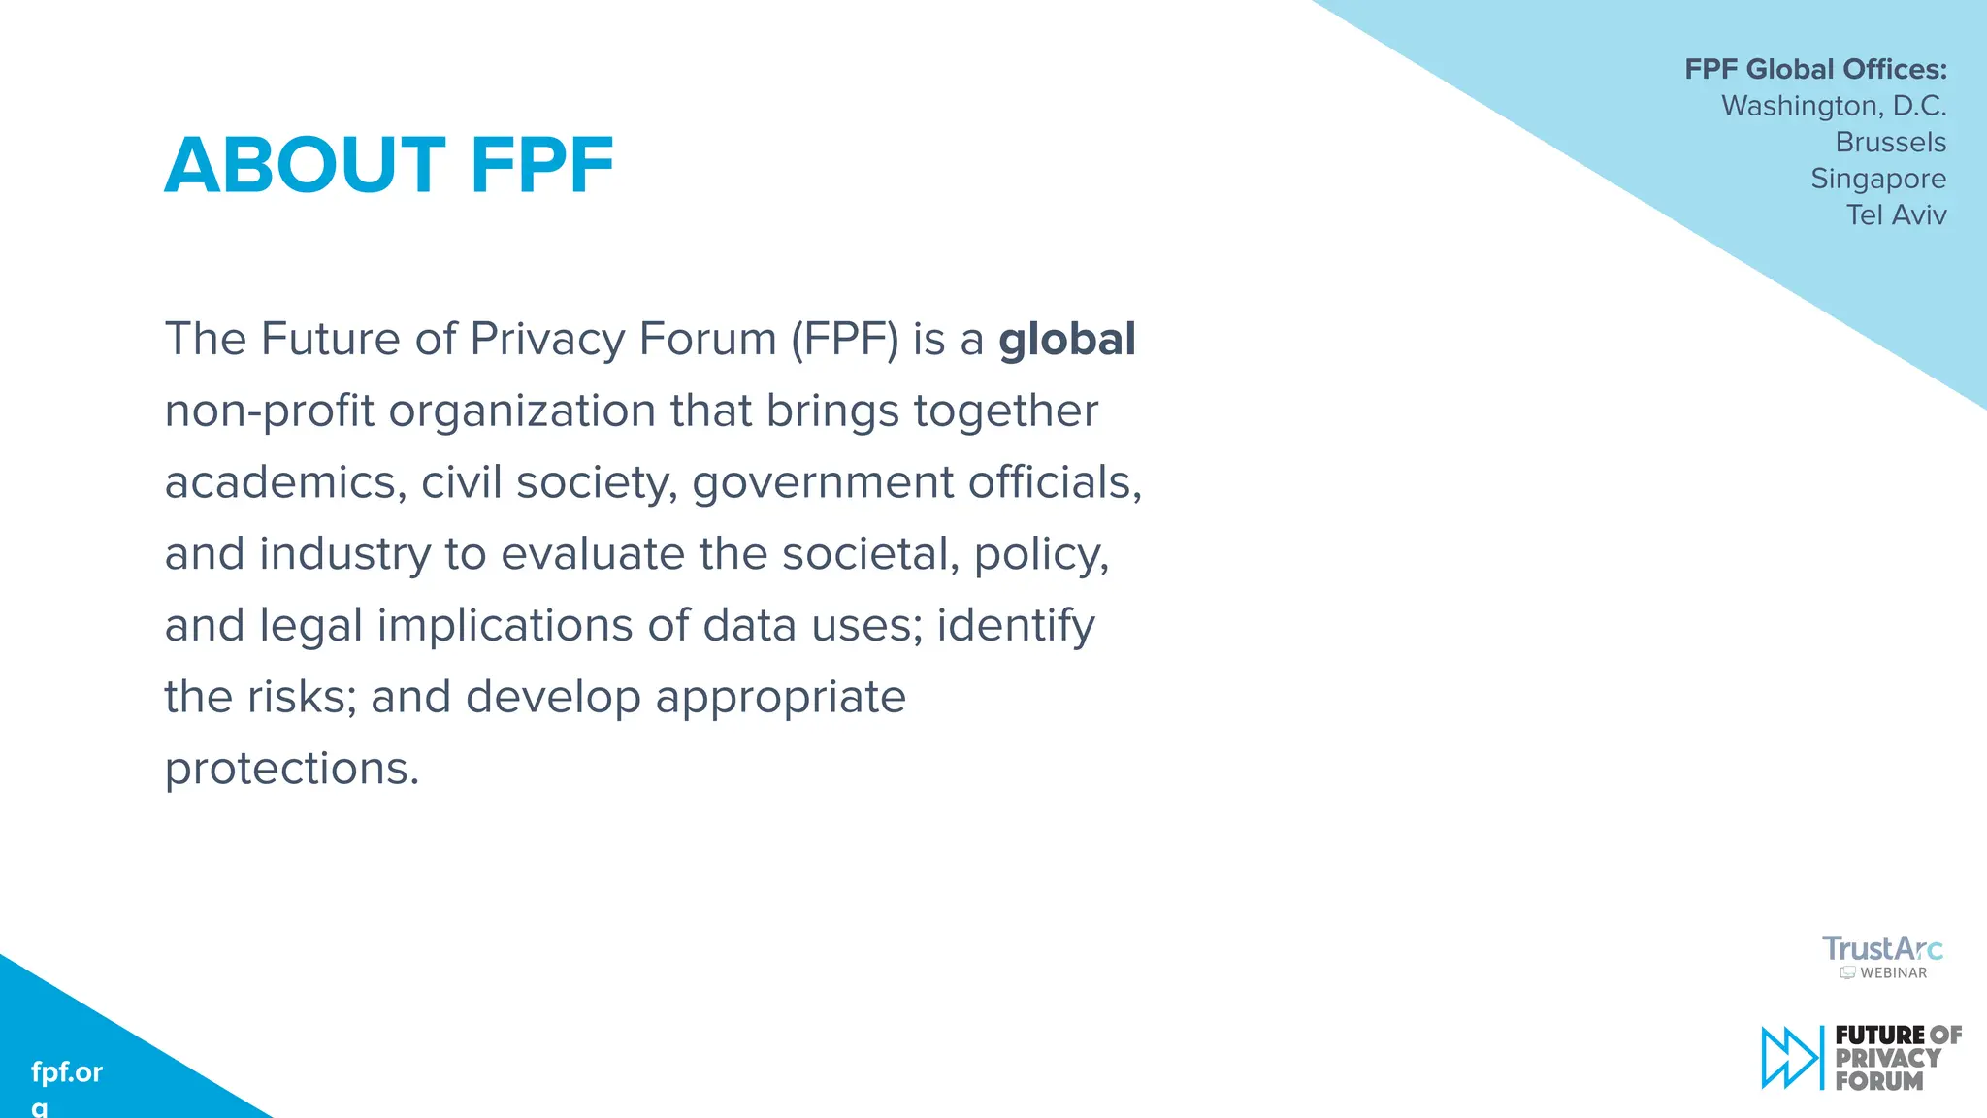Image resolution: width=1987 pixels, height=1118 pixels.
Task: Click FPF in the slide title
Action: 541,166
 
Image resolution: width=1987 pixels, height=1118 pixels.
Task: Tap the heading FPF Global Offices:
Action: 1815,70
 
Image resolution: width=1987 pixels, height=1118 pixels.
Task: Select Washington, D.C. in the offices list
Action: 1834,106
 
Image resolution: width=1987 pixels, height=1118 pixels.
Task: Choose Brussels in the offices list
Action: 1890,143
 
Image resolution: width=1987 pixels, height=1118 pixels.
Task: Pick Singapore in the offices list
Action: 1878,179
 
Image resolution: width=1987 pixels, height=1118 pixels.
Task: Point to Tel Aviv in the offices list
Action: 1896,214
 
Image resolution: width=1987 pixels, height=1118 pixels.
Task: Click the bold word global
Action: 1066,340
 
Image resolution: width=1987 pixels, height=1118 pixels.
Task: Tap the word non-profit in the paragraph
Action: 269,411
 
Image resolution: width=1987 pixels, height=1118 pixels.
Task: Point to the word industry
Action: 344,554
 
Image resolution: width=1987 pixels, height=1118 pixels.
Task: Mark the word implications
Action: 505,625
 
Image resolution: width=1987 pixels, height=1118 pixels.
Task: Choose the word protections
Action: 291,769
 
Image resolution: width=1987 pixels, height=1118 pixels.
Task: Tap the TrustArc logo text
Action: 1882,948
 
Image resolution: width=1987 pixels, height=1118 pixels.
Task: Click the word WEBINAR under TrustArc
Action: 1893,972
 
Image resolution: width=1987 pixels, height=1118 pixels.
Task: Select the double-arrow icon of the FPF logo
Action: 1790,1057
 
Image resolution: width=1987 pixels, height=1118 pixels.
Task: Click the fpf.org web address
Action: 66,1072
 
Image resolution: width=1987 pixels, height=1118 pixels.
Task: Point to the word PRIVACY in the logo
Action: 1888,1058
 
